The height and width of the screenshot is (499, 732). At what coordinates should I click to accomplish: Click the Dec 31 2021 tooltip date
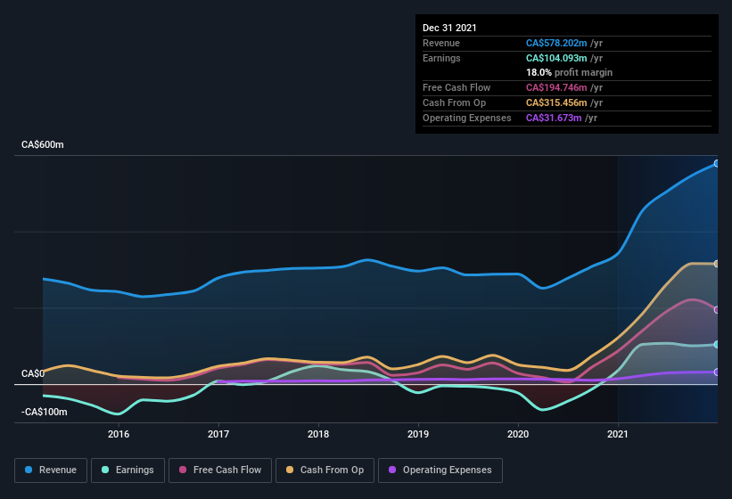tap(449, 28)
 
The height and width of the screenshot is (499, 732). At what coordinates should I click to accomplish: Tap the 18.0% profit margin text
tap(569, 72)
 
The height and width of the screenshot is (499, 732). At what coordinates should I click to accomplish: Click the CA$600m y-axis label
tap(42, 144)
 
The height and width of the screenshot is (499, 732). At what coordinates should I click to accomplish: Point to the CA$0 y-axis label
tap(33, 373)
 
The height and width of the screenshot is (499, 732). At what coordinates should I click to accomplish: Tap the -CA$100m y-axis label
tap(45, 412)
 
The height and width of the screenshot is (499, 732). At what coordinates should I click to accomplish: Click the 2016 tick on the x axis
tap(119, 434)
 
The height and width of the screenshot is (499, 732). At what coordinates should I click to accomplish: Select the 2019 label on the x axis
tap(418, 434)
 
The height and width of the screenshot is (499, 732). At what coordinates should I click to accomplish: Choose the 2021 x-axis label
tap(618, 434)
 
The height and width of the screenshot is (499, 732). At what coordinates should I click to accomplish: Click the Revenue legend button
tap(51, 470)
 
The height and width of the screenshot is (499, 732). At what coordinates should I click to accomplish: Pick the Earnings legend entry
tap(127, 470)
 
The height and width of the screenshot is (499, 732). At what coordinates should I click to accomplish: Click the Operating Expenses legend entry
tap(440, 470)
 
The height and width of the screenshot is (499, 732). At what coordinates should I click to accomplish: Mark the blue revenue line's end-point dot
tap(716, 164)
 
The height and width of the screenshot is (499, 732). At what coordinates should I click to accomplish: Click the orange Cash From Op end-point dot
tap(716, 264)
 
